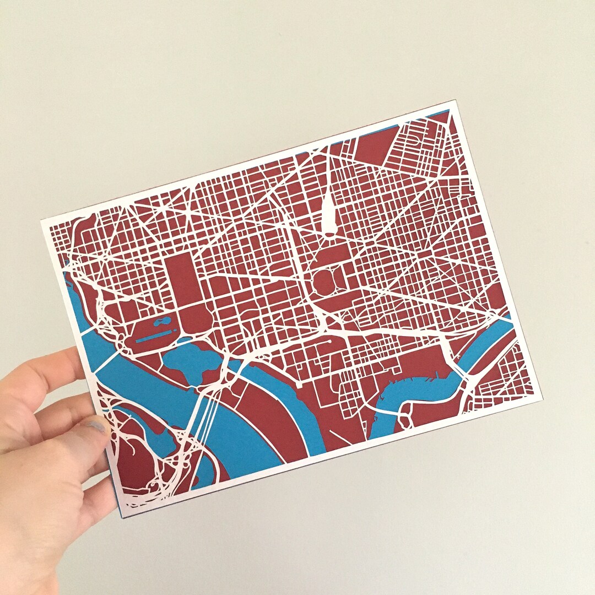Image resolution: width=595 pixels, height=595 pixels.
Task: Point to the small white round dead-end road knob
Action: tap(329, 342)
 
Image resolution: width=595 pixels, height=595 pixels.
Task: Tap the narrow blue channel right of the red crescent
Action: tap(309, 419)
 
